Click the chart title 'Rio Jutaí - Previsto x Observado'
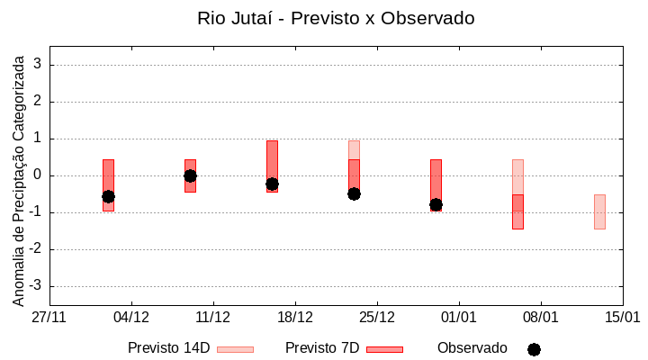click(x=336, y=18)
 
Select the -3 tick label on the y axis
click(x=36, y=286)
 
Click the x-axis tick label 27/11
click(x=49, y=318)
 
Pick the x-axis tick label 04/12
click(x=131, y=318)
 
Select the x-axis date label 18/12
click(x=295, y=318)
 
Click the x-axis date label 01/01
click(x=459, y=318)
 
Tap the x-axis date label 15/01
click(x=622, y=318)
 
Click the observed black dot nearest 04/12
click(x=108, y=196)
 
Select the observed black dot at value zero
click(x=190, y=175)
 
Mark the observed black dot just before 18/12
click(x=272, y=184)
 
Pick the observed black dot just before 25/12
click(x=354, y=193)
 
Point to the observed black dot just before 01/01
click(x=436, y=204)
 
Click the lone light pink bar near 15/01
click(x=599, y=211)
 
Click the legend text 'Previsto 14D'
click(x=168, y=347)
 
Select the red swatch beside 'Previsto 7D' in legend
click(x=384, y=348)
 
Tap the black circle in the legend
click(x=534, y=349)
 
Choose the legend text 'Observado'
click(x=472, y=347)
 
